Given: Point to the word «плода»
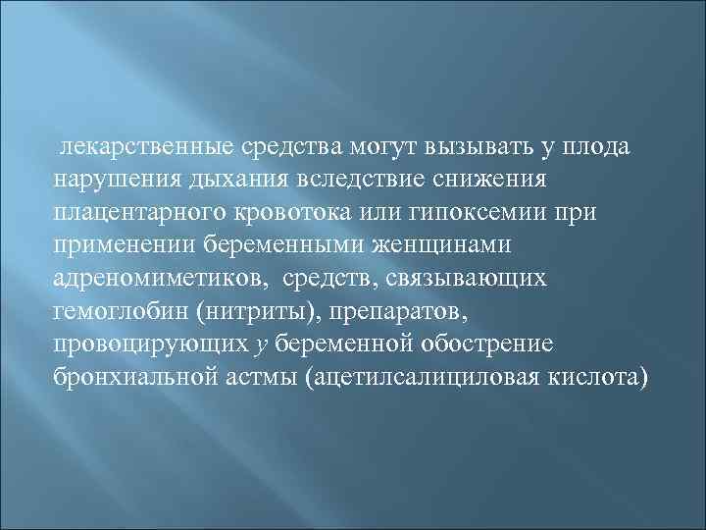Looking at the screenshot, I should pyautogui.click(x=597, y=147).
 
